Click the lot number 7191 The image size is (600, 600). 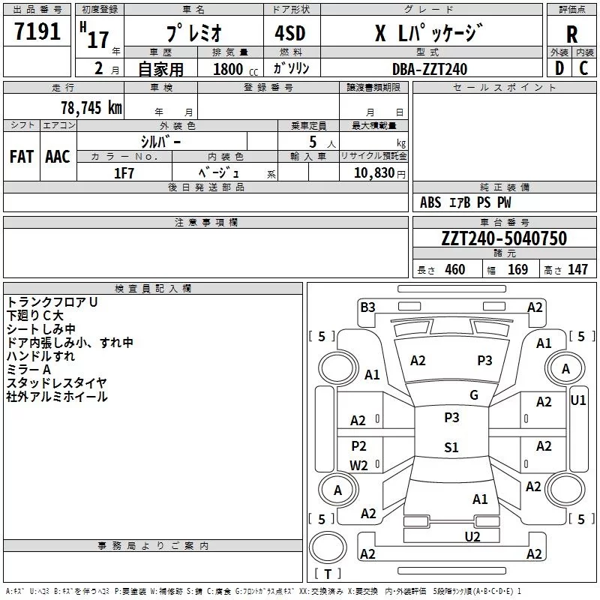tap(37, 31)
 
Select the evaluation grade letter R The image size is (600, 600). tap(571, 34)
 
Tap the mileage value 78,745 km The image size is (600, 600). tap(91, 108)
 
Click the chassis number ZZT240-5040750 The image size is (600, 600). tap(503, 238)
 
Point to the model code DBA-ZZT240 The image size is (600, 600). tap(430, 69)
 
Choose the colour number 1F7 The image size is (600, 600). tap(124, 172)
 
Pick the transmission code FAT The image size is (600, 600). tap(21, 157)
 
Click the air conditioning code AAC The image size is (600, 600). tap(58, 157)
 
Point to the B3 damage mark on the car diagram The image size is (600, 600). tap(367, 307)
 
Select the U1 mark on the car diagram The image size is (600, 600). tap(578, 400)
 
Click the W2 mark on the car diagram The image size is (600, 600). tap(358, 465)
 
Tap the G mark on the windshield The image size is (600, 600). tap(474, 394)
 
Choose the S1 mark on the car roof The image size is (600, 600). tap(451, 448)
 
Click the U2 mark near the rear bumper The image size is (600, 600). tap(472, 535)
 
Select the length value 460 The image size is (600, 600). tap(454, 270)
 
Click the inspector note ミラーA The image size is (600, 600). tap(28, 369)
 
